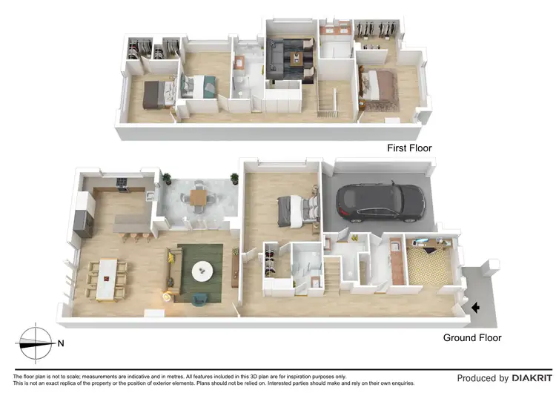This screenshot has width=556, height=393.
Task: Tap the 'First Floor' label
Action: (409, 148)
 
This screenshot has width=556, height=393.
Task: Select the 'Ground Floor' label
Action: (472, 338)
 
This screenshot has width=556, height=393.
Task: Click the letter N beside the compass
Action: (62, 343)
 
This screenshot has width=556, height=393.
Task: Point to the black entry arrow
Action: (475, 307)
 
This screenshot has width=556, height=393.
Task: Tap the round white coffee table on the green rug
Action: (201, 273)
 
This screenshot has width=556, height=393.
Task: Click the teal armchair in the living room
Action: (202, 299)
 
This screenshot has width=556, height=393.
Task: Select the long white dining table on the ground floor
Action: (109, 279)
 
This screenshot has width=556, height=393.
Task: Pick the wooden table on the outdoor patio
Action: (197, 197)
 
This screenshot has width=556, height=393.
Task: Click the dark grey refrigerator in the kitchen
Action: (83, 221)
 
